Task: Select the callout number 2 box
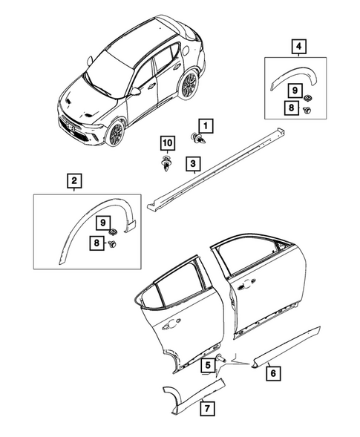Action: click(x=74, y=180)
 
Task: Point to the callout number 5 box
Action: click(x=211, y=364)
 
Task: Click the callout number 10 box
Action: click(x=167, y=142)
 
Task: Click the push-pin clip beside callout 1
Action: click(x=200, y=139)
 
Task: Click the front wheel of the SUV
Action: click(x=116, y=134)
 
